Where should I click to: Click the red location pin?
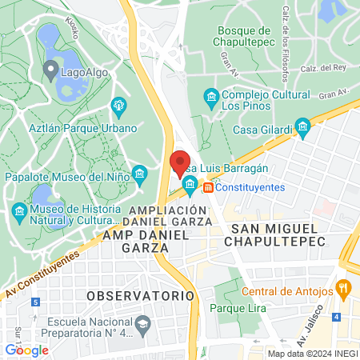pyautogui.click(x=180, y=163)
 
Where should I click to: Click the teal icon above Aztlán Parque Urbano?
pyautogui.click(x=119, y=105)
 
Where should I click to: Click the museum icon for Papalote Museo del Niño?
pyautogui.click(x=140, y=174)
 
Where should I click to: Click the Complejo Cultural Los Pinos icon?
pyautogui.click(x=210, y=98)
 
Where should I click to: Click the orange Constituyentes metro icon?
pyautogui.click(x=208, y=187)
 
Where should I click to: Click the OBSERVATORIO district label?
pyautogui.click(x=140, y=295)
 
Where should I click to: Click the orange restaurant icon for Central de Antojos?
pyautogui.click(x=343, y=287)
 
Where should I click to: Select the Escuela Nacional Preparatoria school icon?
pyautogui.click(x=143, y=324)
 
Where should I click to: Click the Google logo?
pyautogui.click(x=26, y=350)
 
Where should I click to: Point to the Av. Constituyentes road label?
pyautogui.click(x=42, y=272)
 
